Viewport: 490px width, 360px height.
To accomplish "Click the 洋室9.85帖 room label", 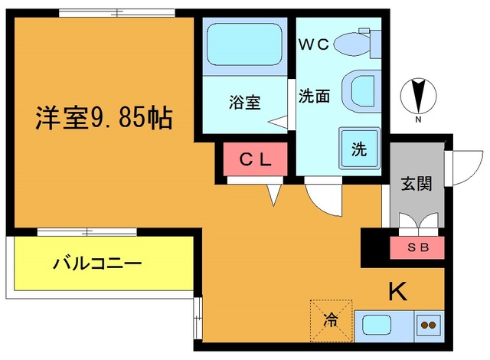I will coord(103,118).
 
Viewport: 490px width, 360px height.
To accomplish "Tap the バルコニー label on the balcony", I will coord(97,264).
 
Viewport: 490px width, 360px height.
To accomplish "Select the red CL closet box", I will coord(255,160).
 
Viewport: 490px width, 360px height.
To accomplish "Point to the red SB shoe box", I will coord(416,248).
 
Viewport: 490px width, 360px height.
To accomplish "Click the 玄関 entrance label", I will coord(416,183).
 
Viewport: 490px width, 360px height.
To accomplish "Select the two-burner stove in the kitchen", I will coord(428,325).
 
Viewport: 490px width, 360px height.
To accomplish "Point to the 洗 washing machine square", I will coord(360,147).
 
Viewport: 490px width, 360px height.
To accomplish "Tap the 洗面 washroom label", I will coord(314,97).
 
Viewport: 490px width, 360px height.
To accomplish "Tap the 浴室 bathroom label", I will coord(245,102).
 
